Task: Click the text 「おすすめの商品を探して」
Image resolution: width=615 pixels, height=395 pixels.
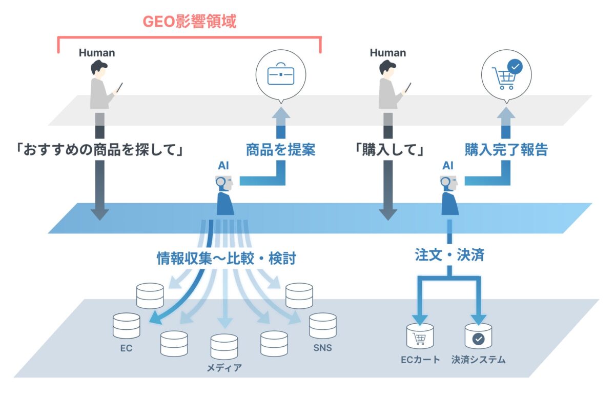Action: click(99, 150)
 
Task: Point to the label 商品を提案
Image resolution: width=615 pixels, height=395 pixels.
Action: click(280, 150)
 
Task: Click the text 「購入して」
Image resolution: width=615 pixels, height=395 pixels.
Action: click(389, 150)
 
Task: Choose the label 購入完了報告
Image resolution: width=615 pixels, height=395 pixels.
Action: click(506, 150)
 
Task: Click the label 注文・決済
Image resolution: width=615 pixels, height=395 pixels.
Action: click(449, 255)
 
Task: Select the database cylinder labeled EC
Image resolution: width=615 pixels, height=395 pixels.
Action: click(126, 326)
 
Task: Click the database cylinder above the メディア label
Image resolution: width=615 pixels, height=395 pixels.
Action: click(224, 347)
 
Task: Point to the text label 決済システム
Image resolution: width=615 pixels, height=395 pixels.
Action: click(478, 360)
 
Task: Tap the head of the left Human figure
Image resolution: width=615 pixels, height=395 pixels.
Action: click(99, 68)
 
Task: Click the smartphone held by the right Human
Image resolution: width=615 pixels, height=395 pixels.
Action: click(408, 87)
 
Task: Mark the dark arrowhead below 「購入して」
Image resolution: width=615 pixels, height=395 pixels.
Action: click(388, 213)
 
